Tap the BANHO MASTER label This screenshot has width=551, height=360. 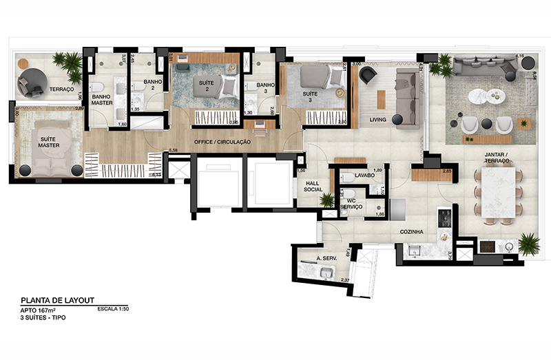pos(101,99)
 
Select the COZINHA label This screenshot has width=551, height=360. pos(411,232)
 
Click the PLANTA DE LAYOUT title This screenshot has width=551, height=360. pos(56,300)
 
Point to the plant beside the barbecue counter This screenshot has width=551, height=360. pos(528,243)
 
